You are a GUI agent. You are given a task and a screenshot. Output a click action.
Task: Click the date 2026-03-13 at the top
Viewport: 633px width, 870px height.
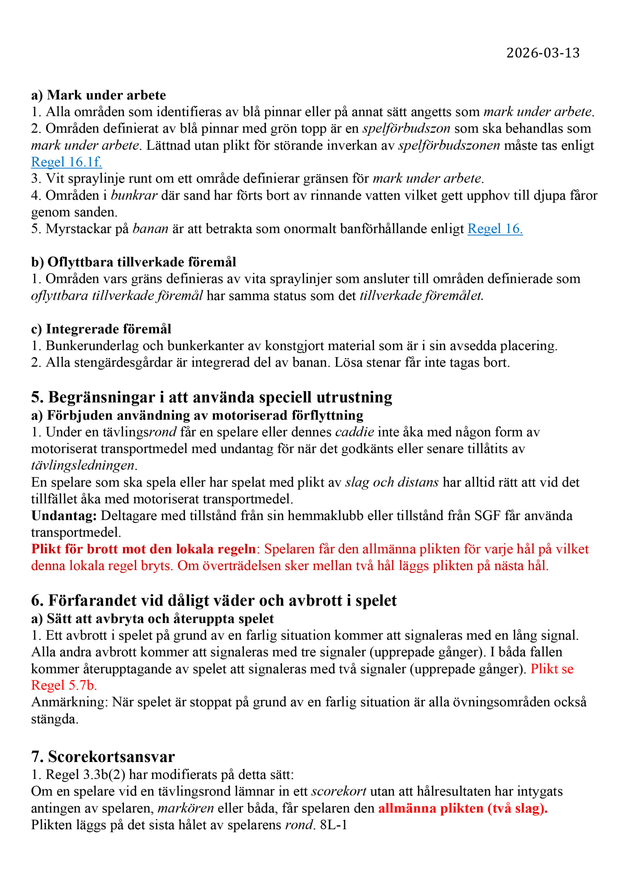coord(543,53)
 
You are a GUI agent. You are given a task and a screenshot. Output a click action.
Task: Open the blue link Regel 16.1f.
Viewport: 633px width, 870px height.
coord(66,162)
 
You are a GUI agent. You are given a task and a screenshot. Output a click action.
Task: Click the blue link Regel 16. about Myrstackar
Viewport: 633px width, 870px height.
coord(495,229)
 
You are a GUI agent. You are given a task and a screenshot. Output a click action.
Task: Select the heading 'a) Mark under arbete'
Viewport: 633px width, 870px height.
coord(99,95)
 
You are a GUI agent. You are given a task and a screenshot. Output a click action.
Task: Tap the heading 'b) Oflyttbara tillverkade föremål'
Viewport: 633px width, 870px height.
coord(134,262)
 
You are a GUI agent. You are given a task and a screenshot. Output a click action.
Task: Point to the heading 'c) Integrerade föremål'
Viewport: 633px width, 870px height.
coord(101,329)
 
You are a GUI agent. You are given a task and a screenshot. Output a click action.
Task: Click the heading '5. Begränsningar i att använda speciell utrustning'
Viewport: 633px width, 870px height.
coord(211,397)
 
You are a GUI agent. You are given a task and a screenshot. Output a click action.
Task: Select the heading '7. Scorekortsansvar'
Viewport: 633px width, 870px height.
coord(103,756)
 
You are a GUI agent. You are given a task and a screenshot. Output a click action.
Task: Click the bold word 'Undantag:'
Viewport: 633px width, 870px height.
coord(64,516)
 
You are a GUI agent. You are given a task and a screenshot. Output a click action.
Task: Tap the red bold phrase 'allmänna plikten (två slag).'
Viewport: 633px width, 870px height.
coord(463,808)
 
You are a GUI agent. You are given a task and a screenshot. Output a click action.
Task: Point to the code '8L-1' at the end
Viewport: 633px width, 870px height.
coord(333,825)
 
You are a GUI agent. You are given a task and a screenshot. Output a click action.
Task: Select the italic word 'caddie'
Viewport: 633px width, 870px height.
coord(355,432)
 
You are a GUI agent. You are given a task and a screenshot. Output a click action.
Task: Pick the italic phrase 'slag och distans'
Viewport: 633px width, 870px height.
coord(391,482)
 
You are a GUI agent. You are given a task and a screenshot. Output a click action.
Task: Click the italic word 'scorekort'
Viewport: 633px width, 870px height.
coord(338,791)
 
